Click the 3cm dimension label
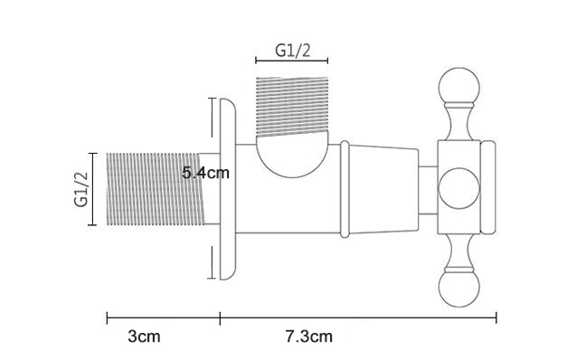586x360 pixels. click(144, 336)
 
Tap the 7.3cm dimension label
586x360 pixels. click(309, 336)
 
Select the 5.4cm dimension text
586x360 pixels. click(205, 173)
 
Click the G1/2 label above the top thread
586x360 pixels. click(293, 50)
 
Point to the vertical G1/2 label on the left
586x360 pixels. click(81, 189)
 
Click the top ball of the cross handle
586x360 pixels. click(458, 86)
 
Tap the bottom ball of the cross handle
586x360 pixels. click(458, 289)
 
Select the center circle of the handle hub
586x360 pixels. click(458, 188)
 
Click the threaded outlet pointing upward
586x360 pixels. click(292, 107)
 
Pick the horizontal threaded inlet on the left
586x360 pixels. click(156, 189)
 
